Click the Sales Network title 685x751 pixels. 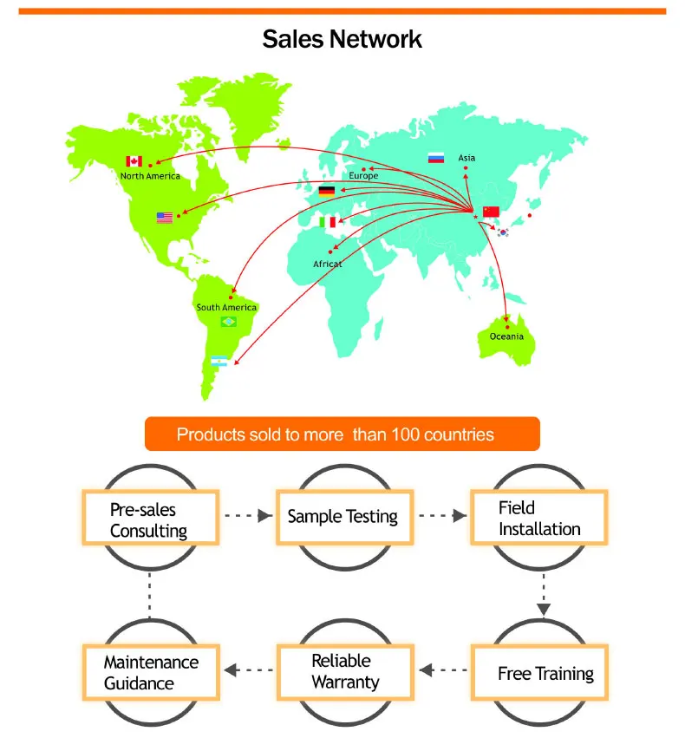pyautogui.click(x=342, y=39)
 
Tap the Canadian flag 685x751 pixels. pyautogui.click(x=134, y=161)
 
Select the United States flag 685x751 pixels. pyautogui.click(x=165, y=218)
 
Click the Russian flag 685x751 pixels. pyautogui.click(x=436, y=158)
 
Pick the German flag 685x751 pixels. pyautogui.click(x=327, y=191)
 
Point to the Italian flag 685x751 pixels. pyautogui.click(x=327, y=223)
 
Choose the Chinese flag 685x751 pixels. pyautogui.click(x=492, y=212)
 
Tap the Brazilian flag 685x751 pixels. pyautogui.click(x=229, y=322)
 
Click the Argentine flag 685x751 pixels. pyautogui.click(x=219, y=361)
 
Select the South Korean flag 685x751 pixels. pyautogui.click(x=503, y=232)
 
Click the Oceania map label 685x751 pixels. pyautogui.click(x=506, y=336)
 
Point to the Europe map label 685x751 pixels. pyautogui.click(x=363, y=176)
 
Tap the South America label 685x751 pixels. pyautogui.click(x=226, y=308)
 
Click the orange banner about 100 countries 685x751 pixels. pyautogui.click(x=342, y=434)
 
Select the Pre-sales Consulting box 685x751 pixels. pyautogui.click(x=148, y=519)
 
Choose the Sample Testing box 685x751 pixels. pyautogui.click(x=342, y=517)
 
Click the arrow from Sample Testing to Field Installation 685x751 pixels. pyautogui.click(x=440, y=515)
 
